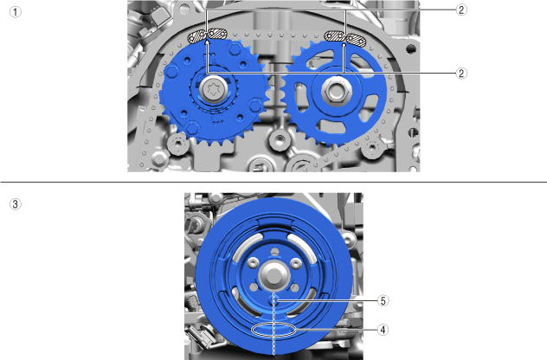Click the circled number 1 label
tap(15, 12)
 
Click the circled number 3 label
tap(15, 204)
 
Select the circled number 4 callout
tap(383, 330)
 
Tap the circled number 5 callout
tap(383, 300)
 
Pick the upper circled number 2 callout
tap(461, 10)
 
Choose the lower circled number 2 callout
tap(461, 74)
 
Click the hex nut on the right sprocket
tap(336, 91)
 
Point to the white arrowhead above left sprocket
tap(208, 42)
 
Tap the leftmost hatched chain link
tap(196, 36)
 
